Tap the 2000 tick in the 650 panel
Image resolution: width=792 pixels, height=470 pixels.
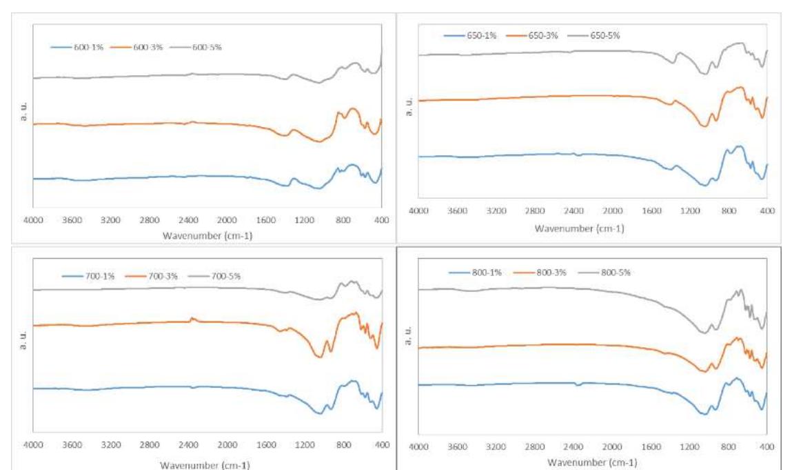coord(612,211)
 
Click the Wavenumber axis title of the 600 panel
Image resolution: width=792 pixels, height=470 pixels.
coord(203,235)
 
